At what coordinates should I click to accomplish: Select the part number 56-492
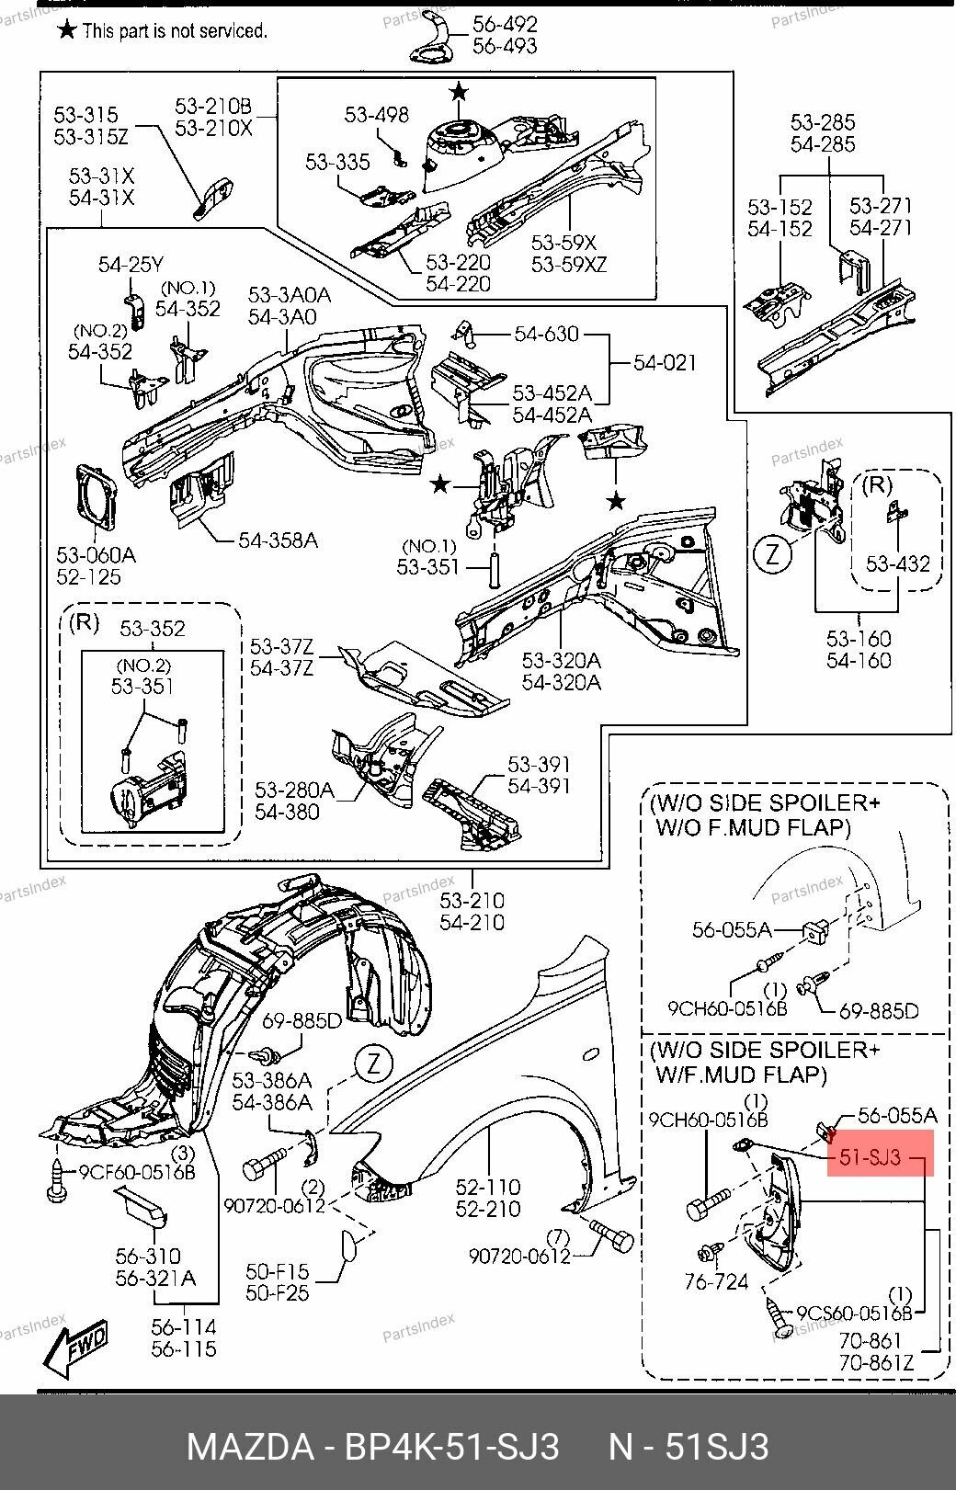click(x=505, y=24)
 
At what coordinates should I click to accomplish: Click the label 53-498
click(x=376, y=115)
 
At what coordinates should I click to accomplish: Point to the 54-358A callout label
click(x=278, y=540)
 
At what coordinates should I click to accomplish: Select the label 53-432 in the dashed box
click(x=897, y=563)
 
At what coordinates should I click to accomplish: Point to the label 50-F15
click(x=277, y=1272)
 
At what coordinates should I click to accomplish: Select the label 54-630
click(x=546, y=335)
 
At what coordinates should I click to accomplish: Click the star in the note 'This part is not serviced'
click(x=66, y=30)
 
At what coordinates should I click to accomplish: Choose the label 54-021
click(x=665, y=363)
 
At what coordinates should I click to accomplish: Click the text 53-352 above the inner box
click(x=154, y=629)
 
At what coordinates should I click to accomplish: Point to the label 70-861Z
click(x=876, y=1363)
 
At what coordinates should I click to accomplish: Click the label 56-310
click(x=147, y=1256)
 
